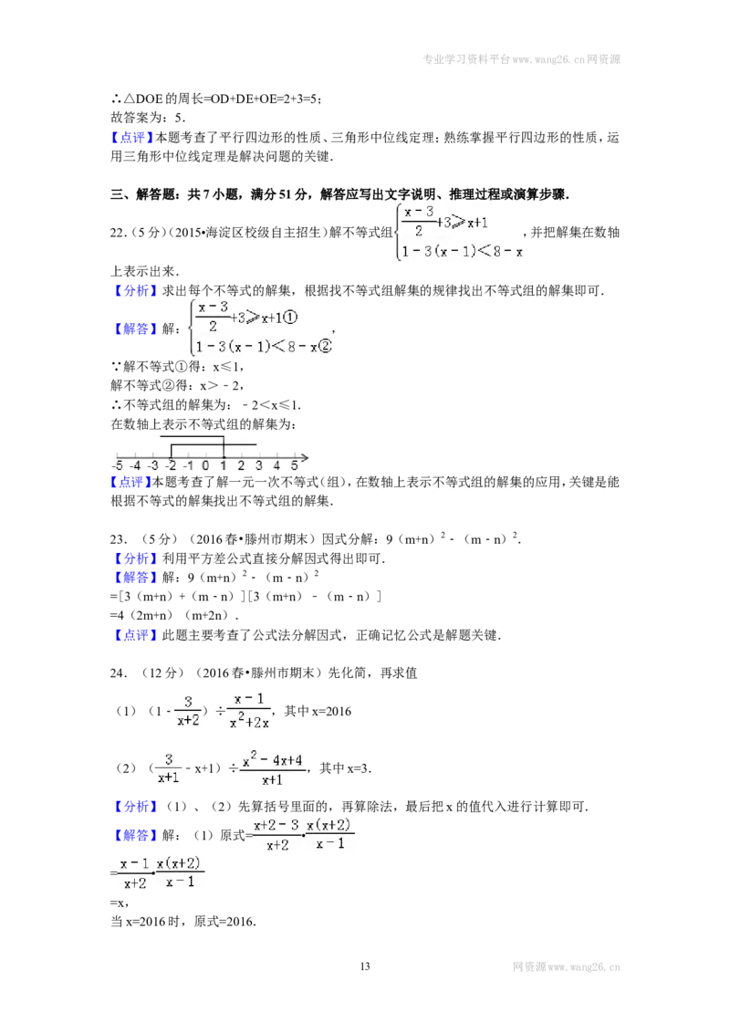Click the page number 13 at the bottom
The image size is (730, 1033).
point(365,966)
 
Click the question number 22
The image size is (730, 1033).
point(118,233)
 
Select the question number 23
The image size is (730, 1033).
point(118,539)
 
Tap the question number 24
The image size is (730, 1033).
point(118,673)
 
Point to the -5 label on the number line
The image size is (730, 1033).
point(118,465)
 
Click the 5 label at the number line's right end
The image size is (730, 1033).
point(295,465)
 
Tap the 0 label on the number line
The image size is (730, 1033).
point(205,465)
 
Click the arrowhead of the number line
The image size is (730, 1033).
point(305,456)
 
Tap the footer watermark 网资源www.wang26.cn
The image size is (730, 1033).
point(567,967)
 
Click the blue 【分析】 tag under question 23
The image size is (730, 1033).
point(134,558)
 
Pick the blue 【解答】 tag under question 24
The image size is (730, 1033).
point(134,835)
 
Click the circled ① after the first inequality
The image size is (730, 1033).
point(290,318)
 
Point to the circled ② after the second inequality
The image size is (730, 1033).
point(325,346)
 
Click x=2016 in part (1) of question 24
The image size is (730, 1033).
point(331,712)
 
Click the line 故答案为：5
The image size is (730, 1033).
point(148,118)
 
